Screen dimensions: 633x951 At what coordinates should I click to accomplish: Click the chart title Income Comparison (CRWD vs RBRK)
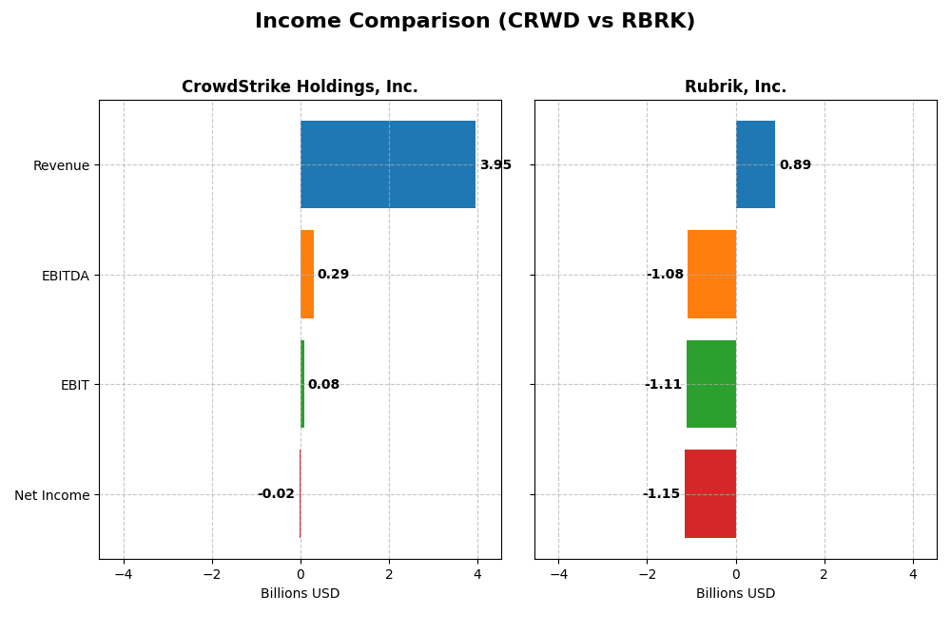(475, 21)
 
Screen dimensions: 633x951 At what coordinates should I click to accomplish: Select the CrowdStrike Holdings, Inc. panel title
(300, 86)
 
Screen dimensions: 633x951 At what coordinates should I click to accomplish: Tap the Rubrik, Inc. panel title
(735, 86)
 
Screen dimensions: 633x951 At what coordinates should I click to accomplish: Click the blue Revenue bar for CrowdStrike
(388, 164)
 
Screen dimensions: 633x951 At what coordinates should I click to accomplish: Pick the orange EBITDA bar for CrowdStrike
(307, 275)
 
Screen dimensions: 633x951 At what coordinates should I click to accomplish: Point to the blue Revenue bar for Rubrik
(755, 164)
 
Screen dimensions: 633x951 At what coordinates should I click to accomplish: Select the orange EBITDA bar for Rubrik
(711, 275)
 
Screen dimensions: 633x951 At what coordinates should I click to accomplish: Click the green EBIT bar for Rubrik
(711, 384)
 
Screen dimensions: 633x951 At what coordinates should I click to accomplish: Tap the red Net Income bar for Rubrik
(710, 494)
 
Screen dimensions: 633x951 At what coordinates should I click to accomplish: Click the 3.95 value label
(495, 165)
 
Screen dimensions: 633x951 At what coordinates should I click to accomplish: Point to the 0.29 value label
(333, 275)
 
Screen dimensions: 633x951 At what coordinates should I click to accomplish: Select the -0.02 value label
(276, 494)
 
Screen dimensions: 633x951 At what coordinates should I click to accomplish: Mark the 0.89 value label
(795, 165)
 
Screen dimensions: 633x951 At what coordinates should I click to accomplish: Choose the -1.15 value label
(661, 494)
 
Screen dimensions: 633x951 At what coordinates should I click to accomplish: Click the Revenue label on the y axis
(61, 165)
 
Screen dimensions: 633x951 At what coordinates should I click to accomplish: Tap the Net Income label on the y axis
(52, 495)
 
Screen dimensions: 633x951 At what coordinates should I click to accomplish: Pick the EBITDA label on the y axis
(65, 276)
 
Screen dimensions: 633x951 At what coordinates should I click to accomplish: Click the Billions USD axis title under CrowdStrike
(300, 594)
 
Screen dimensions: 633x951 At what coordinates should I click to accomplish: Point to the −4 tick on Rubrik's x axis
(558, 575)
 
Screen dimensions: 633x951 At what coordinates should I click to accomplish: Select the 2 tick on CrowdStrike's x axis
(389, 575)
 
